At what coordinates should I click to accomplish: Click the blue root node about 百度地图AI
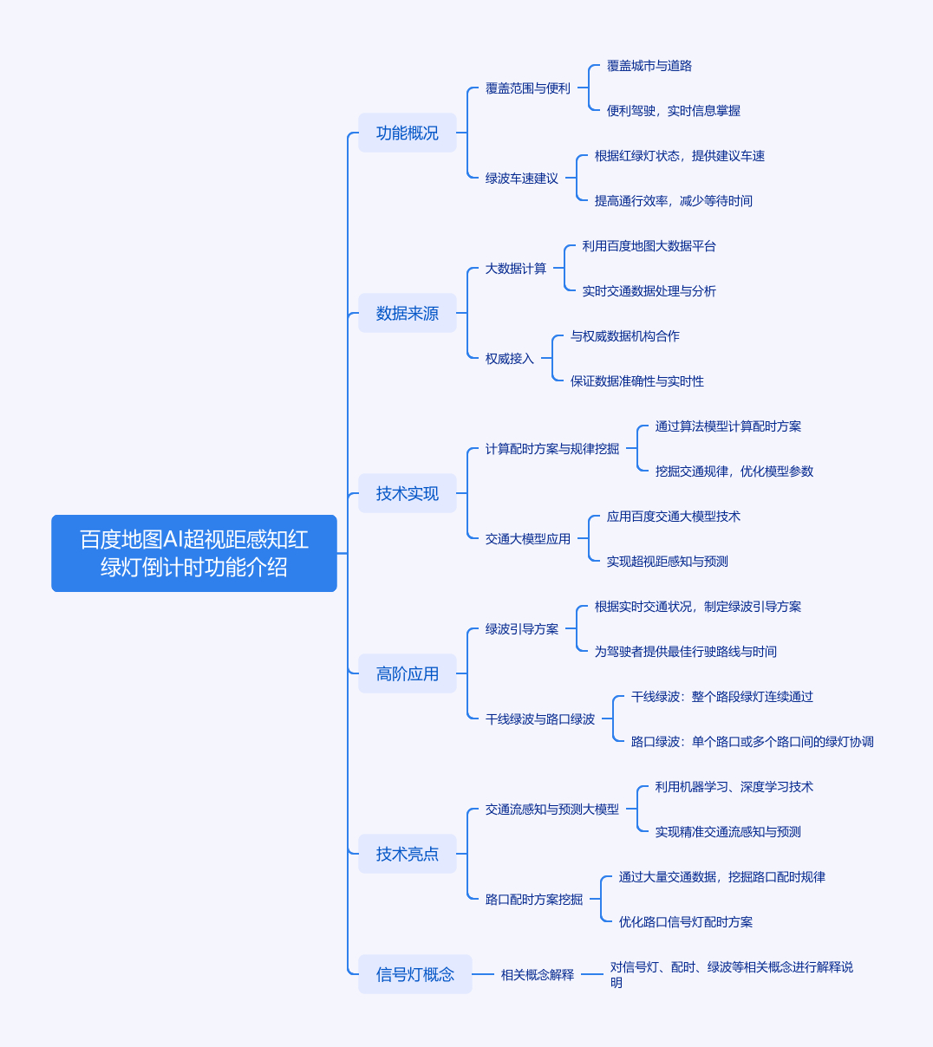[x=194, y=553]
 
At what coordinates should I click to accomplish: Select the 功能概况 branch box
[x=408, y=133]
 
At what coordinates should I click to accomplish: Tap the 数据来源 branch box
[x=408, y=313]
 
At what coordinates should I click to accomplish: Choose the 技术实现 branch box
[x=408, y=493]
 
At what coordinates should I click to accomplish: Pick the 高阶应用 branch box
[x=408, y=674]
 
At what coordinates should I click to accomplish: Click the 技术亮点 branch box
[x=408, y=855]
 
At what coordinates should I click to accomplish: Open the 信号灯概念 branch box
[x=415, y=974]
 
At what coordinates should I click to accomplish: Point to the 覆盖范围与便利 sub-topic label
[x=527, y=88]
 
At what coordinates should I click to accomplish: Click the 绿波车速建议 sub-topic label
[x=522, y=179]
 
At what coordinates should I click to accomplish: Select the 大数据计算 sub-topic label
[x=516, y=268]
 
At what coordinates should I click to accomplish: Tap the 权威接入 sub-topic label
[x=510, y=359]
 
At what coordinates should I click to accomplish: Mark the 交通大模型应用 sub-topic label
[x=527, y=539]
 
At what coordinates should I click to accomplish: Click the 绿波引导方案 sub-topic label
[x=522, y=629]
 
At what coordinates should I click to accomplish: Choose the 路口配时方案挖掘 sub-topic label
[x=534, y=900]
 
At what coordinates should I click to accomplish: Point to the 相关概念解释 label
[x=538, y=975]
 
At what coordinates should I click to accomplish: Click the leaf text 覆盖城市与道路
[x=649, y=66]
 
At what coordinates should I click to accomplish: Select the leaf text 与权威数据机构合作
[x=625, y=336]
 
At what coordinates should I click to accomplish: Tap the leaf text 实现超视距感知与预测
[x=667, y=562]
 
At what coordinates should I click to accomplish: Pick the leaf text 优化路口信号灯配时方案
[x=686, y=922]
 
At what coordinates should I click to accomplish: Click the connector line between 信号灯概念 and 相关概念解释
[x=483, y=974]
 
